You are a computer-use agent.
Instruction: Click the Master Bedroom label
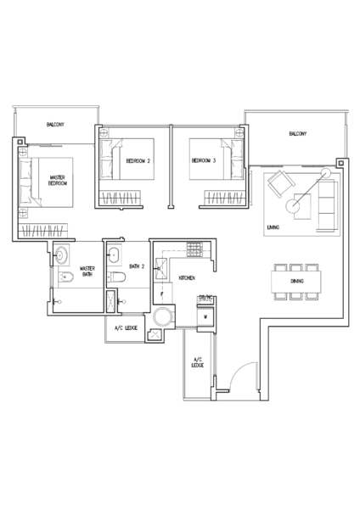coord(58,180)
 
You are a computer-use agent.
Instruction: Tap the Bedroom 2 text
coord(138,160)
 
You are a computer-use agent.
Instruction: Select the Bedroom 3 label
coord(204,160)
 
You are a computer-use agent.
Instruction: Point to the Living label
coord(273,227)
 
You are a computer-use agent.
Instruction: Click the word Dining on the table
coord(297,281)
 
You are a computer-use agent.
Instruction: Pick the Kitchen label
coord(187,278)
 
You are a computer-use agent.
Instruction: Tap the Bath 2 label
coord(137,266)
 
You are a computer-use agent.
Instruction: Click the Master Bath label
coord(87,271)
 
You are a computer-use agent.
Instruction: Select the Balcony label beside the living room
coord(298,133)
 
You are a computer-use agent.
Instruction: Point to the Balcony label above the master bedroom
coord(55,125)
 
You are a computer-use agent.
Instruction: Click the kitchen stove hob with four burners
coord(194,249)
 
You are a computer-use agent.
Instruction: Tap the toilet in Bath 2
coord(116,277)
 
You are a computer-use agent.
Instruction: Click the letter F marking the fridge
coord(162,294)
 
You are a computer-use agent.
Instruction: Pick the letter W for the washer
coord(205,316)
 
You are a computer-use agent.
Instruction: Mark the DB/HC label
coord(205,297)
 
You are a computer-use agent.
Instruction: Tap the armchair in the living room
coord(281,183)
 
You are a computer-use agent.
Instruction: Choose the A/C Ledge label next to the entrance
coord(198,362)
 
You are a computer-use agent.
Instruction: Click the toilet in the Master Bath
coord(66,277)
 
